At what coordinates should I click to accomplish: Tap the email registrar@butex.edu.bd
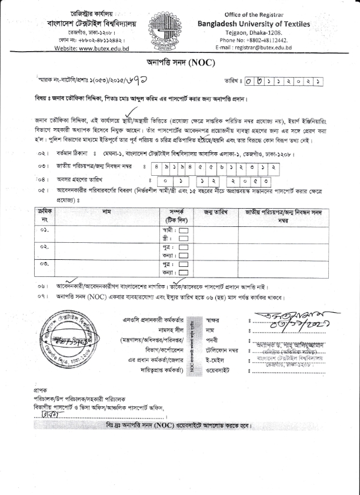pyautogui.click(x=254, y=46)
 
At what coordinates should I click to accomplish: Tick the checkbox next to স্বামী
pyautogui.click(x=183, y=230)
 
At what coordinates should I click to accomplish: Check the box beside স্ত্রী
pyautogui.click(x=183, y=238)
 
